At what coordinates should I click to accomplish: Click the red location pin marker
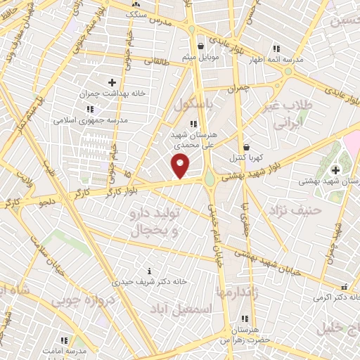(x=181, y=165)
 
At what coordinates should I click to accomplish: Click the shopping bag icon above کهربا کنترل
(x=245, y=146)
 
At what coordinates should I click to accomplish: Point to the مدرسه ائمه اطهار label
(x=279, y=60)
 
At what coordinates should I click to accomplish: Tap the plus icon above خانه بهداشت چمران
(x=112, y=83)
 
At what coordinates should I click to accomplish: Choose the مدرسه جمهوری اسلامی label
(x=89, y=120)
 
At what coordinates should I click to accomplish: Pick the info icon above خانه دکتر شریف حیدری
(x=150, y=271)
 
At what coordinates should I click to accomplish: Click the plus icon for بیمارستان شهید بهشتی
(x=335, y=169)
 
